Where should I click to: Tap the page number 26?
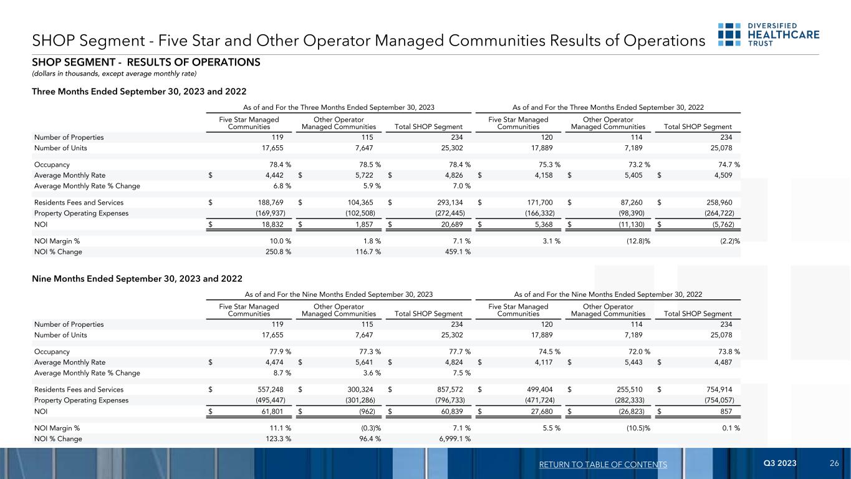(834, 464)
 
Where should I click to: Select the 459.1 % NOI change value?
(455, 252)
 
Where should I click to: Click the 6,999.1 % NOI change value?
(453, 438)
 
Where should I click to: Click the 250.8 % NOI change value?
(276, 252)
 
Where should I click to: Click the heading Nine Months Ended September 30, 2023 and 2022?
(137, 278)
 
